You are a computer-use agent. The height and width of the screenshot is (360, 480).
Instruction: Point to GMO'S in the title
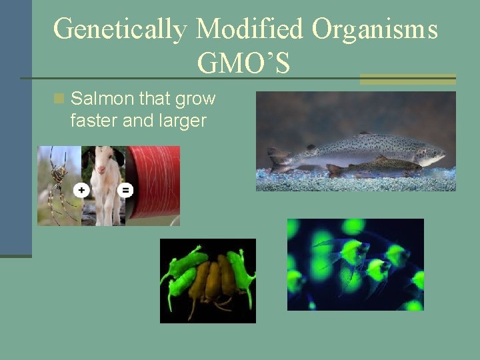(243, 63)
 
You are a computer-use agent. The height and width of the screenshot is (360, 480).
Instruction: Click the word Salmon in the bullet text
(99, 99)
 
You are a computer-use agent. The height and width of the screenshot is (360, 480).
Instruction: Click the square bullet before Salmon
(59, 99)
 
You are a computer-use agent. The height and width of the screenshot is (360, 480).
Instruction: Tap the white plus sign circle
(81, 190)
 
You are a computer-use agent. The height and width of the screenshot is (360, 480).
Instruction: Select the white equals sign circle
(125, 190)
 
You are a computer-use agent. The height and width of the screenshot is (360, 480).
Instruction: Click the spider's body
(59, 175)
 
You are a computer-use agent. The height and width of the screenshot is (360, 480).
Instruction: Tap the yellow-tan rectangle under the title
(407, 79)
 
